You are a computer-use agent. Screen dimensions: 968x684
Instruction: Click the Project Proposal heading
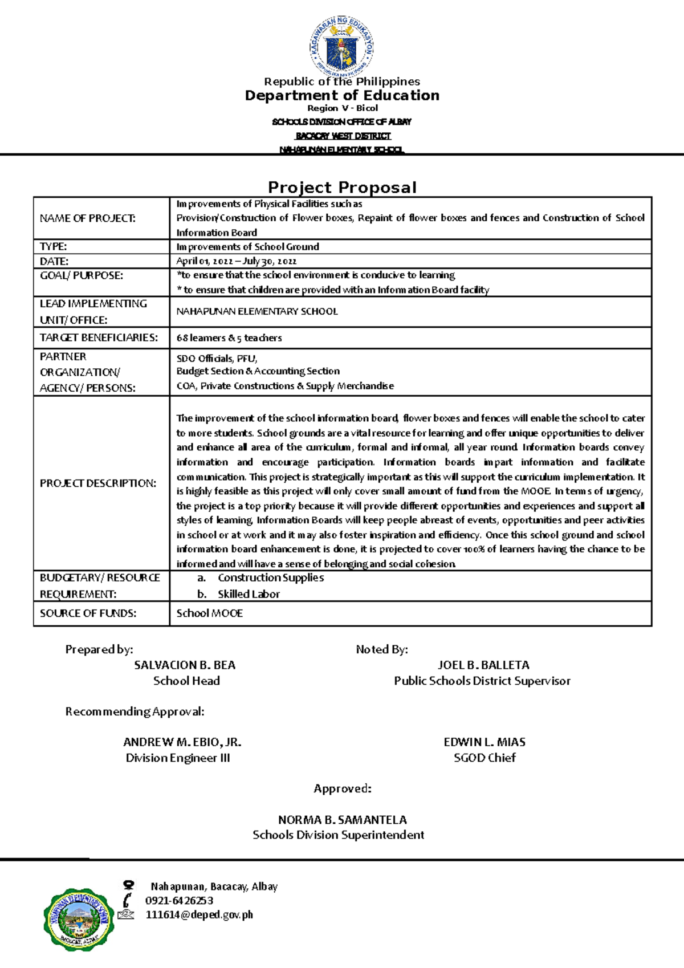pos(342,188)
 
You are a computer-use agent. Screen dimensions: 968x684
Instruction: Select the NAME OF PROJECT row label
pos(88,218)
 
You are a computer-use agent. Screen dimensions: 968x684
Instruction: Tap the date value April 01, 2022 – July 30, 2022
pos(236,261)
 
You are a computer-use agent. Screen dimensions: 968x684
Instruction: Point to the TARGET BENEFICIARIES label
pos(99,337)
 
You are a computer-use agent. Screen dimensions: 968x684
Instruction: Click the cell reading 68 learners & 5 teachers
pos(229,337)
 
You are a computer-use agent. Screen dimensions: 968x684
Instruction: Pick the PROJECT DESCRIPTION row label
pos(98,483)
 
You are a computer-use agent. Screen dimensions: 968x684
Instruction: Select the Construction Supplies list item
pos(271,577)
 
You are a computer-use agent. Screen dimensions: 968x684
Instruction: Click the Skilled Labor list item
pos(249,594)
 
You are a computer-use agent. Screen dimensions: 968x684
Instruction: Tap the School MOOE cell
pos(210,613)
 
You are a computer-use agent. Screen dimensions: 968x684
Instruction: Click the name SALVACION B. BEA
pos(185,665)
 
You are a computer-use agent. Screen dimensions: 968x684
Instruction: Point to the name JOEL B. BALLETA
pos(483,665)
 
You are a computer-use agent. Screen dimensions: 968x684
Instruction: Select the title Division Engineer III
pos(178,758)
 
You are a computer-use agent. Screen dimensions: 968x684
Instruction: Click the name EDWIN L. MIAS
pos(484,742)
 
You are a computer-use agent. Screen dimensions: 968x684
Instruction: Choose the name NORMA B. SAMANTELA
pos(342,820)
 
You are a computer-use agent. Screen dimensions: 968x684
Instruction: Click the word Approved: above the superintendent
pos(343,788)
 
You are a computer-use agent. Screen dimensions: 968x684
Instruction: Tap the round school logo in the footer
pos(79,919)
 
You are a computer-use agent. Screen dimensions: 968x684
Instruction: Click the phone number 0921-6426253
pos(179,901)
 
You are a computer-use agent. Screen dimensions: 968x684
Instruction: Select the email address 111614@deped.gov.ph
pos(199,915)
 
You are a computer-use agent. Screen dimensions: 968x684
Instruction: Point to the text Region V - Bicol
pos(343,108)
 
